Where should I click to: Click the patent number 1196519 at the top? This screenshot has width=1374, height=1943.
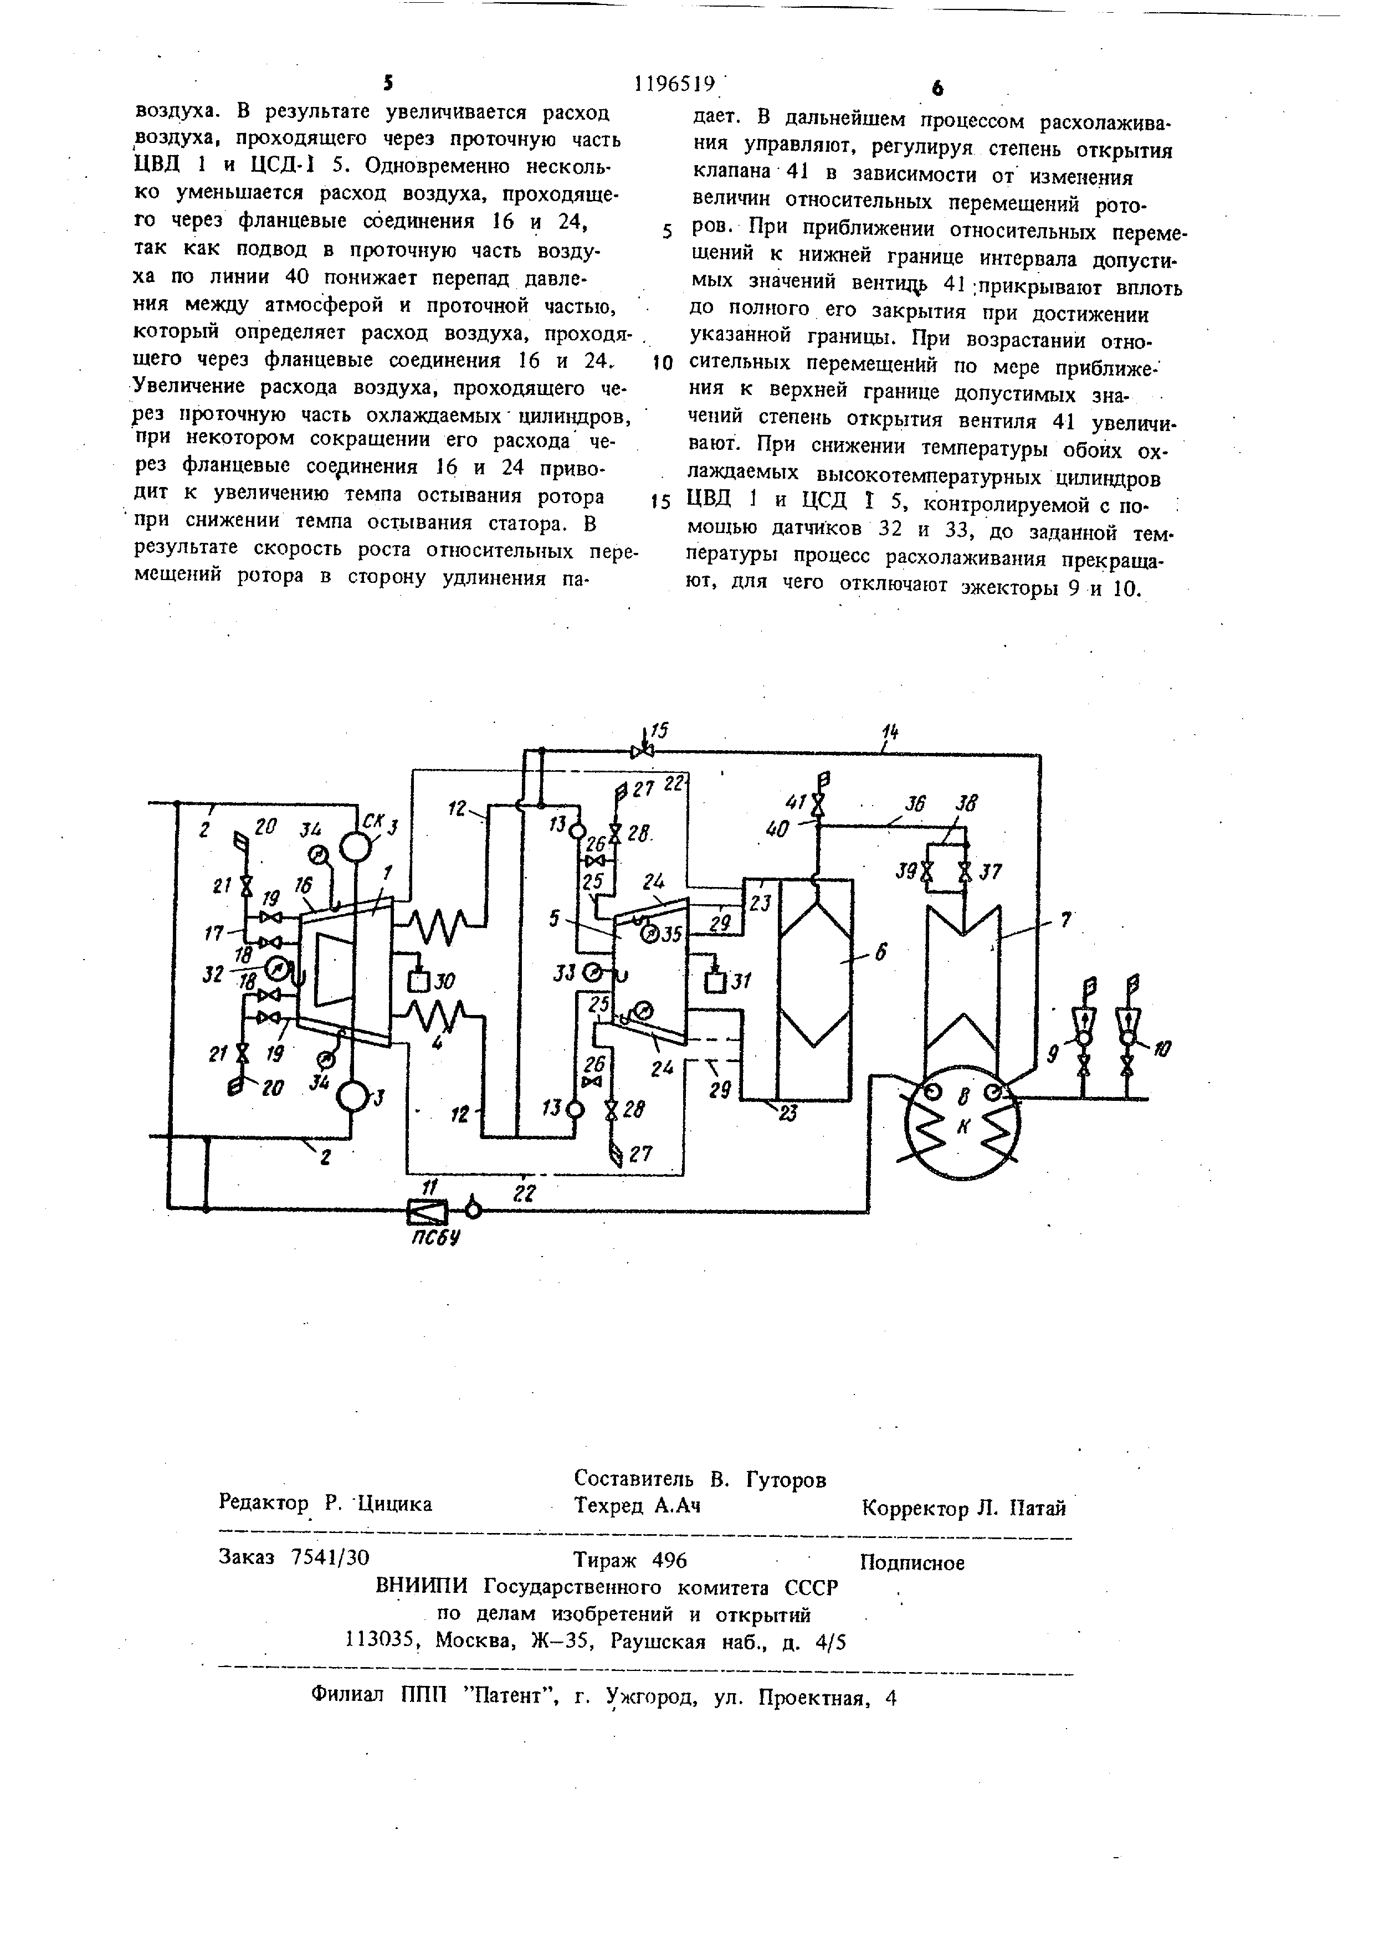pyautogui.click(x=674, y=84)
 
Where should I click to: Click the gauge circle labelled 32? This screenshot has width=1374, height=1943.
pyautogui.click(x=276, y=966)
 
